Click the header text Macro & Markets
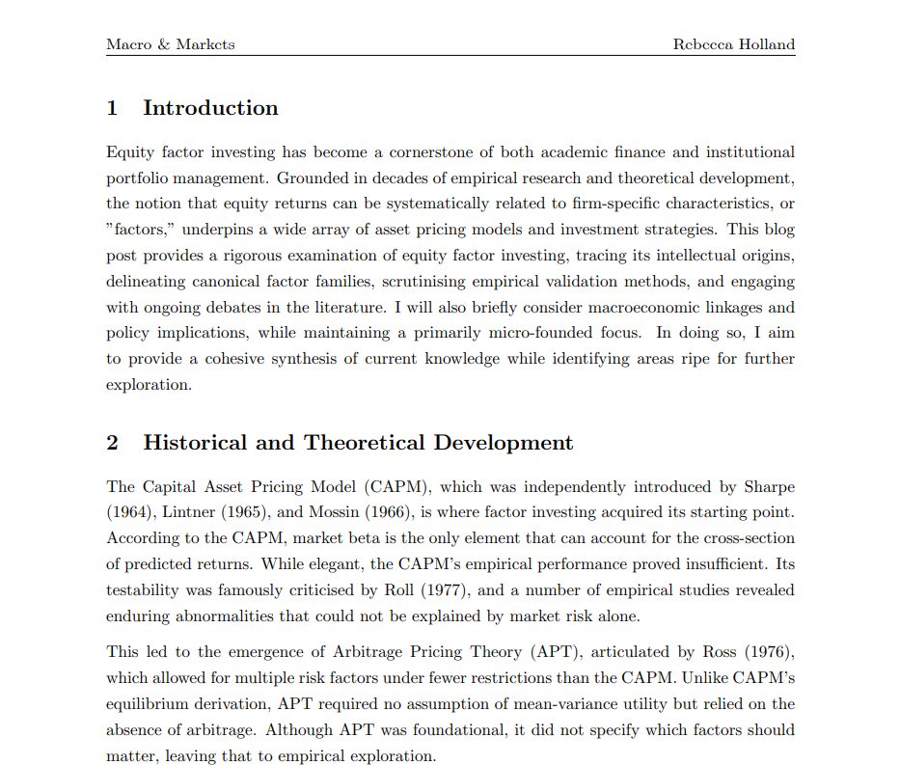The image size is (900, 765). point(170,44)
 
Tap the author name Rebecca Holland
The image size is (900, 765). point(734,44)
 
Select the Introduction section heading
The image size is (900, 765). point(210,108)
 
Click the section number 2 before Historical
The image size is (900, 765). point(113,443)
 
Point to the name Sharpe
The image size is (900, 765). point(767,487)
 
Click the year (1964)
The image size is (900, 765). point(128,512)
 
